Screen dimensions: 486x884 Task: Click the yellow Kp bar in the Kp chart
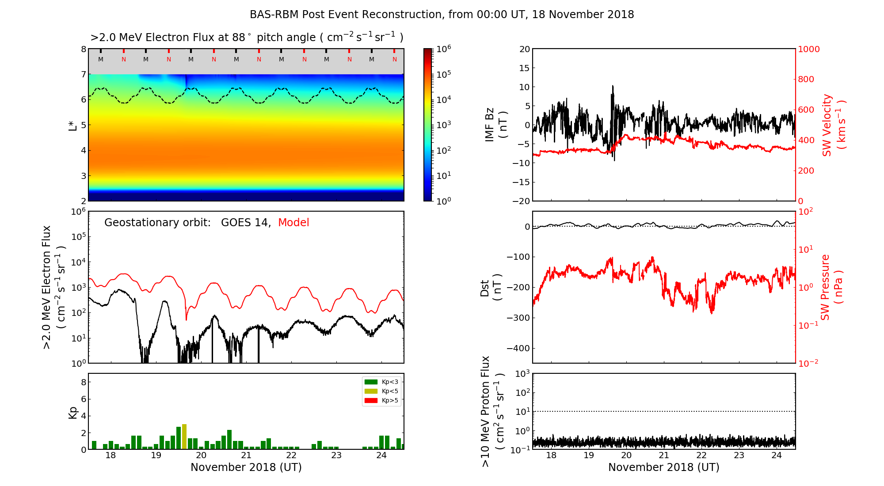[x=184, y=437]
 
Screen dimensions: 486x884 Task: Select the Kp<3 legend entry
[x=381, y=382]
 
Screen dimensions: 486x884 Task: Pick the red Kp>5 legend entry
[x=381, y=401]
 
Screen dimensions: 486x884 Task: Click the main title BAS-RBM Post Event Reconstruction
[x=442, y=15]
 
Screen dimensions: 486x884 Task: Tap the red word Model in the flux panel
[x=293, y=223]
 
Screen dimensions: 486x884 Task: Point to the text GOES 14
[x=245, y=223]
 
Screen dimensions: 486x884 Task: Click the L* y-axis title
[x=72, y=125]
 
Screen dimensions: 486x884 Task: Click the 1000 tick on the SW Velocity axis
[x=808, y=49]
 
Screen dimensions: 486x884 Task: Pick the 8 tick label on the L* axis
[x=83, y=49]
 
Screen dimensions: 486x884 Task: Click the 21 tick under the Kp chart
[x=246, y=456]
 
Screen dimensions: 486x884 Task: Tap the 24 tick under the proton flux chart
[x=777, y=456]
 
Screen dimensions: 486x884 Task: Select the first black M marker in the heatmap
[x=101, y=59]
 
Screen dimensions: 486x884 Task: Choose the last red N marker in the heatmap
[x=395, y=59]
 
